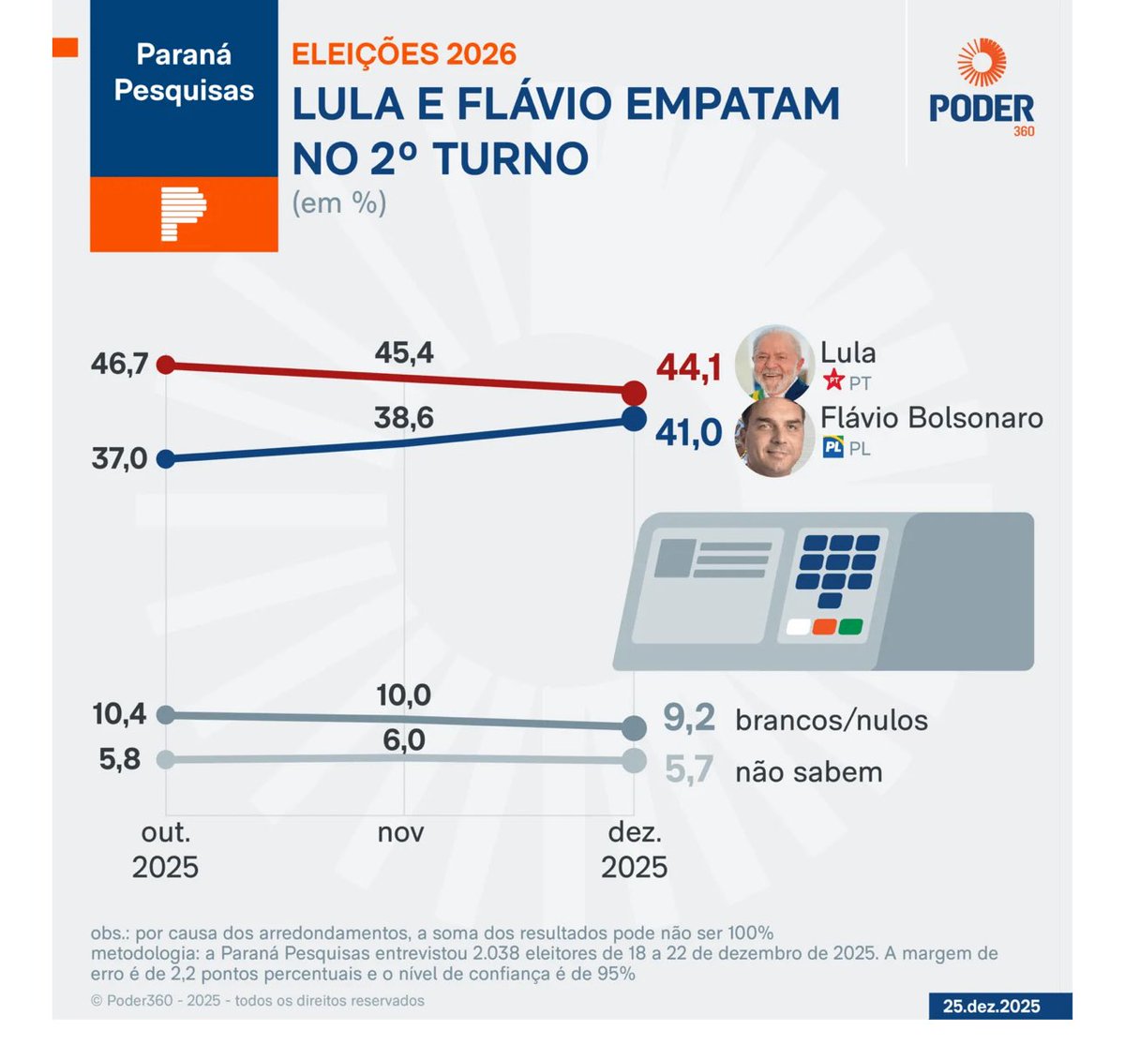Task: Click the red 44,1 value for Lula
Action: coord(689,368)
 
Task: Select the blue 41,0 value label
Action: coord(689,433)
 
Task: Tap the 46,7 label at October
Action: coord(119,364)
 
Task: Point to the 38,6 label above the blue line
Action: coord(403,418)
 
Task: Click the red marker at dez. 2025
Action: coord(634,393)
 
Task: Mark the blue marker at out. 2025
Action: coord(166,459)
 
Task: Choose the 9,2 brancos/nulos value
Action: coord(689,719)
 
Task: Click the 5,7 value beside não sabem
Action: coord(689,770)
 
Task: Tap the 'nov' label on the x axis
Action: coord(401,832)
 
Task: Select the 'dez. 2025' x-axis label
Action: coord(635,850)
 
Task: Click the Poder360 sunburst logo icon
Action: coord(982,63)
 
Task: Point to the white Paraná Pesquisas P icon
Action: coord(183,214)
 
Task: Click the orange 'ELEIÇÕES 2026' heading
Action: coord(404,53)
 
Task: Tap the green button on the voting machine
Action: coord(850,627)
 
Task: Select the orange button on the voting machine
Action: coord(824,627)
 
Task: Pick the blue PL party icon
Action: coord(832,448)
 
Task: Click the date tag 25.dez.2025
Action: coord(991,1006)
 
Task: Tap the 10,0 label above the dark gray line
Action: coord(404,695)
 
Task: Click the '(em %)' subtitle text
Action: coord(339,202)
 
